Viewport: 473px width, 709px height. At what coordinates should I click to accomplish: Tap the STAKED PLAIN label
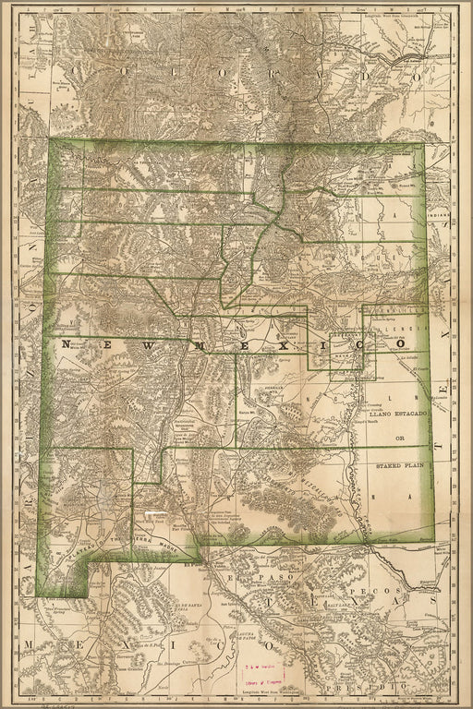(x=399, y=467)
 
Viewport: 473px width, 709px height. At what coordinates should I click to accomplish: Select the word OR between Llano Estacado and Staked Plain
(x=399, y=439)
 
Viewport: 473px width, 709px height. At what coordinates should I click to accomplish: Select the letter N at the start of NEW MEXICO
(x=66, y=343)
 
